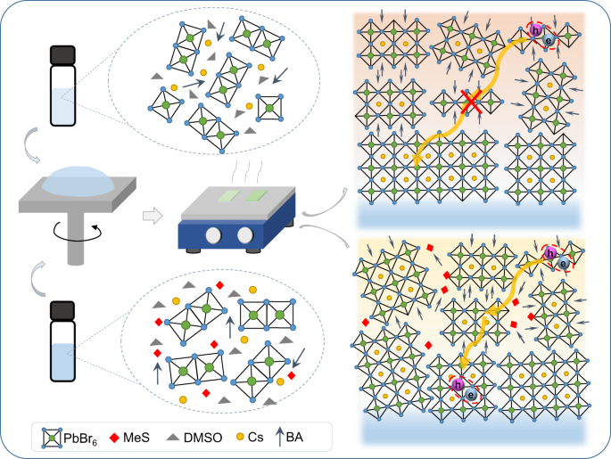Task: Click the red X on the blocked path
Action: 472,102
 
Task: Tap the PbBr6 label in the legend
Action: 80,439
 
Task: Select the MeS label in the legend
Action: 136,438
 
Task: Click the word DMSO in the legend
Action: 203,438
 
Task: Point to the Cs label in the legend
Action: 256,438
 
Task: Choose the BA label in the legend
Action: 294,438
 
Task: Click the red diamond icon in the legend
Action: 114,438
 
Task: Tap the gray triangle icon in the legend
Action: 173,438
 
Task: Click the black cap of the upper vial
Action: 62,55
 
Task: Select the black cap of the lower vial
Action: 62,310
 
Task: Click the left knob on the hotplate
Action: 213,235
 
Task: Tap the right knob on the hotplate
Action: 245,235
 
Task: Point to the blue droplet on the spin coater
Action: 78,182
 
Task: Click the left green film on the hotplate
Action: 228,196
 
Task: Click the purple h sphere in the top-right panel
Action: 536,30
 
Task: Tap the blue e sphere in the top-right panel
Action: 549,40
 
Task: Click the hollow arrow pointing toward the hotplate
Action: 153,216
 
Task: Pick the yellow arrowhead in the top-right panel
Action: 417,160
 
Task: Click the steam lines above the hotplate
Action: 247,171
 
